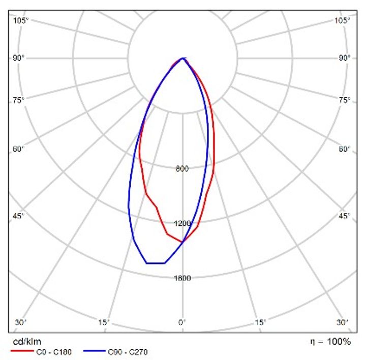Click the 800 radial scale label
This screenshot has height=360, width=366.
182,169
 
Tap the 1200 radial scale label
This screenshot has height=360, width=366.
182,223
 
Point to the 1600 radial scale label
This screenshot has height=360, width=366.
182,278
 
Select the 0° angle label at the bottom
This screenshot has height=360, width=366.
182,322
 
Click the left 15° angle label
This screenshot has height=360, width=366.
105,322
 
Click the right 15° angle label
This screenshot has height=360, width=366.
260,322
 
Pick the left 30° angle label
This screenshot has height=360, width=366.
21,322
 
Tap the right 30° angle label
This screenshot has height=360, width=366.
344,322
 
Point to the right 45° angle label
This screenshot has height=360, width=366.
345,217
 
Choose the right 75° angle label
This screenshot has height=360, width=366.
345,100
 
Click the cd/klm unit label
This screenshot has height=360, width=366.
23,342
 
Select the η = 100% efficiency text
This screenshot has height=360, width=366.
330,342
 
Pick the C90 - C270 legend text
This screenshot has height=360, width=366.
128,351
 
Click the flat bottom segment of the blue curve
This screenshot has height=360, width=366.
156,263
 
